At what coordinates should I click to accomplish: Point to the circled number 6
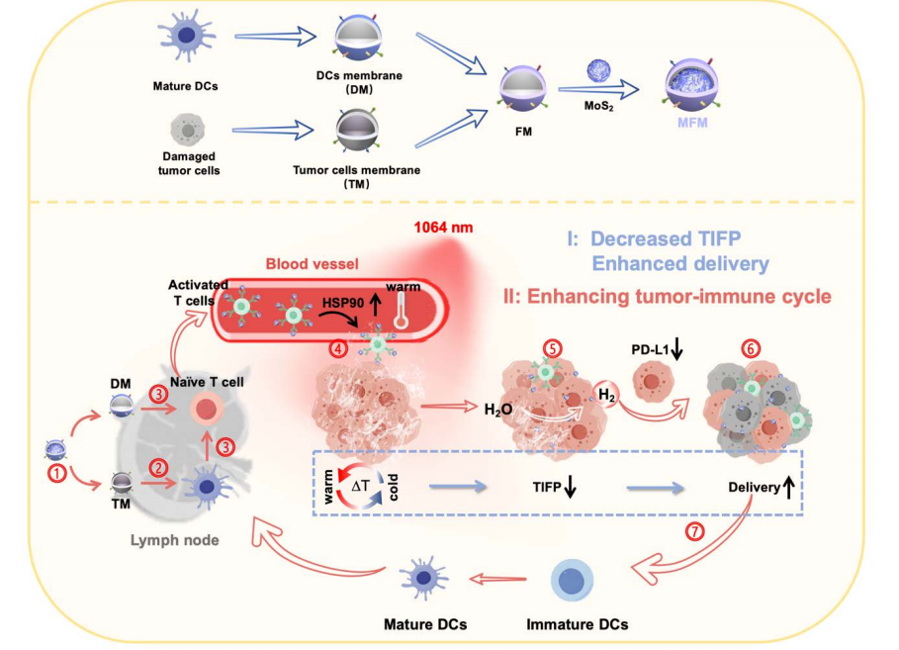(x=753, y=349)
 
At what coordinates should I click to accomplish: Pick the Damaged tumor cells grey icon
(x=189, y=129)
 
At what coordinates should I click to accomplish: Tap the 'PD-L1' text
(x=652, y=350)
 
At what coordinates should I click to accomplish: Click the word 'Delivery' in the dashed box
(x=755, y=488)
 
